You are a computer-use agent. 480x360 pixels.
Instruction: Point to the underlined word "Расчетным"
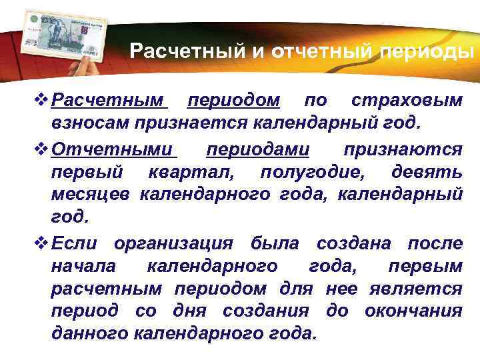108,101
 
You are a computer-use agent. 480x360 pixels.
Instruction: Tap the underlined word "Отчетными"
111,149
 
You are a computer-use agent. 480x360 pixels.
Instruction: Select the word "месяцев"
91,194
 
